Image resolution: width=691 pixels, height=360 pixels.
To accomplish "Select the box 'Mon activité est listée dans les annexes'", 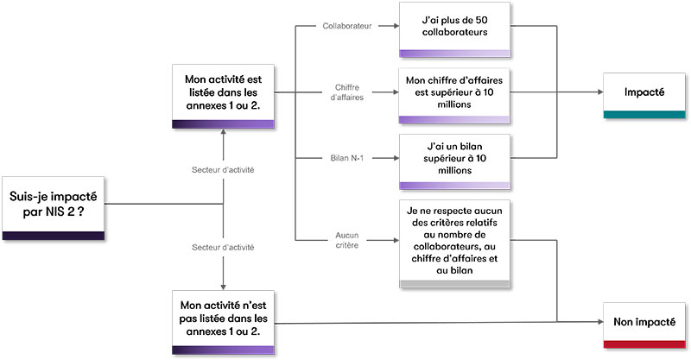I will [223, 96].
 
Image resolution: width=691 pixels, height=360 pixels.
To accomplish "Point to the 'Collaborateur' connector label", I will [346, 26].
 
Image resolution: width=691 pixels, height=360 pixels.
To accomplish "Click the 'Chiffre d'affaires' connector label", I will [346, 92].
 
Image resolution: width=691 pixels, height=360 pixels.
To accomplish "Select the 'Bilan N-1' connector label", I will [346, 158].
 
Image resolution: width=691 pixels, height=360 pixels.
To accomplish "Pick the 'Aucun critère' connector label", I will [346, 240].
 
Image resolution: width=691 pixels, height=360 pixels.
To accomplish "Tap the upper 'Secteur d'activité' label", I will [223, 170].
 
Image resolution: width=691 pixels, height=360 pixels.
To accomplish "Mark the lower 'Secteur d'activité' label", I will [223, 248].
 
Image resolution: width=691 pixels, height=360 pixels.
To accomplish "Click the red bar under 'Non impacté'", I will [643, 345].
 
